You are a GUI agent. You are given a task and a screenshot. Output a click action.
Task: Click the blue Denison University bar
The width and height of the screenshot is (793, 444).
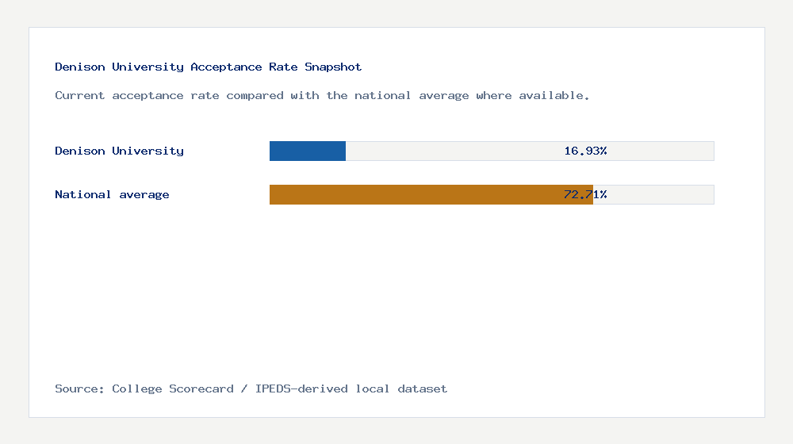(x=308, y=151)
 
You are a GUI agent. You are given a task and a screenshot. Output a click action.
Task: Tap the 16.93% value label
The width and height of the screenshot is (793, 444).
(x=585, y=151)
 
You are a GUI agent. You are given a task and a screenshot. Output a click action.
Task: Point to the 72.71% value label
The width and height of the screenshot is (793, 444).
(x=585, y=194)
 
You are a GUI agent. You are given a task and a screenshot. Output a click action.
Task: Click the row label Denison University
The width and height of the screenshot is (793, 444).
(x=119, y=151)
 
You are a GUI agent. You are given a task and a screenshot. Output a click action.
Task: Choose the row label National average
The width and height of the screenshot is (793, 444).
(x=112, y=194)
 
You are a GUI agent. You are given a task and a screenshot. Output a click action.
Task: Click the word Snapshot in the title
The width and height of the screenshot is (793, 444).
(x=333, y=67)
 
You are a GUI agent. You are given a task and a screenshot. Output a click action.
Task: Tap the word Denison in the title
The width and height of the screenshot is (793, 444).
(x=80, y=67)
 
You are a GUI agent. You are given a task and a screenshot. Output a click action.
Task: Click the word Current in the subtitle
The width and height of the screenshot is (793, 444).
(x=80, y=95)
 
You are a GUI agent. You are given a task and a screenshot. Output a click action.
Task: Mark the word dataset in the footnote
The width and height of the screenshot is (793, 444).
(x=423, y=388)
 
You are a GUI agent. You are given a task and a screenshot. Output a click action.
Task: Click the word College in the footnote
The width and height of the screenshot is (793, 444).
(x=137, y=388)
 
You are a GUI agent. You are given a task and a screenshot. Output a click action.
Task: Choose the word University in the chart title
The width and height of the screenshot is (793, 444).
(x=147, y=67)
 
